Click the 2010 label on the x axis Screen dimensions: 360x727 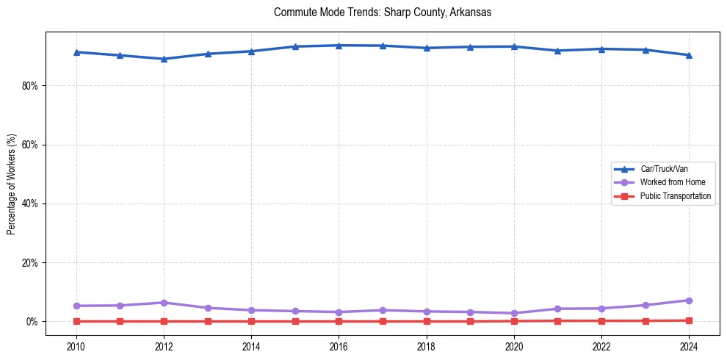point(76,346)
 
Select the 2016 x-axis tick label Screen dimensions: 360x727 point(339,346)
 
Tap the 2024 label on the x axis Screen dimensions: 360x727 point(689,346)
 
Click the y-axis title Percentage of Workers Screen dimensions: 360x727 point(12,184)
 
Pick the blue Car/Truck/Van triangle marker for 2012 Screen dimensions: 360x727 point(164,59)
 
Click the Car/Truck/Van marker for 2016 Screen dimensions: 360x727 point(339,46)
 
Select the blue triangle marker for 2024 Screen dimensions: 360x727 point(689,55)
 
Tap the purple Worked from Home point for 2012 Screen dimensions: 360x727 point(164,303)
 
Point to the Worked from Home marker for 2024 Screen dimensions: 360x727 point(689,300)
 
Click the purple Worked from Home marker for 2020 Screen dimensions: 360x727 point(514,313)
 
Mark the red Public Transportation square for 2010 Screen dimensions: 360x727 point(76,321)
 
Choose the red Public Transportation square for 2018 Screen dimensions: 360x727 point(426,321)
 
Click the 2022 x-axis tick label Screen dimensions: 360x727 point(601,346)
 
